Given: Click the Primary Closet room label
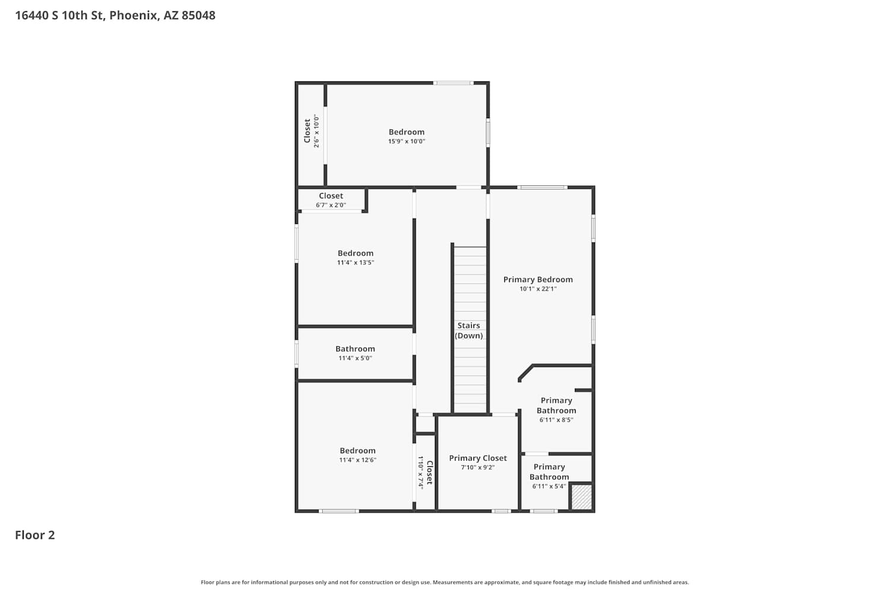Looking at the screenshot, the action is coord(478,458).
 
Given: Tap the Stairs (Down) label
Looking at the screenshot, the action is coord(469,331).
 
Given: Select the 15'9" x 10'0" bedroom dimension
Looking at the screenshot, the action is coord(406,141).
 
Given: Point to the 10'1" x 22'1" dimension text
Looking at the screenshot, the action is coord(538,289).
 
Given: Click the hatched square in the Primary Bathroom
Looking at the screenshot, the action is coord(581,497).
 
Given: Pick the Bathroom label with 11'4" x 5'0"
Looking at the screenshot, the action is coord(355,349).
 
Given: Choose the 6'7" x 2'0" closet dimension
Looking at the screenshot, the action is coord(331,205).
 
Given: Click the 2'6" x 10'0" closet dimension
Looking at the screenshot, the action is coord(316,131).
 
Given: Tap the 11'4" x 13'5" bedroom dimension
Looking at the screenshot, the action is coord(355,263).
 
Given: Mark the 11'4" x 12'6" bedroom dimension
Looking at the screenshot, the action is coord(358,460).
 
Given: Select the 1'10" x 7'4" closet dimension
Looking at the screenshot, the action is coord(420,472).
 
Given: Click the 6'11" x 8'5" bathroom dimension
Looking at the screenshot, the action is coord(557,420).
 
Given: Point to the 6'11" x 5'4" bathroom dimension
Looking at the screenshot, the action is coord(549,486).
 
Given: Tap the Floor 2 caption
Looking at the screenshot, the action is coord(35,535).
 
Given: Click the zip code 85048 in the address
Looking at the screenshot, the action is coord(199,15).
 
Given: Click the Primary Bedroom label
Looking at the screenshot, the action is coord(538,280).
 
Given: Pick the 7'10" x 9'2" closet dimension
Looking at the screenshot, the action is coord(478,467).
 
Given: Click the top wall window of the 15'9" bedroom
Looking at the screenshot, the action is coord(453,83).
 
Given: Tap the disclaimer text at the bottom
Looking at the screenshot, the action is coord(444,582).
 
